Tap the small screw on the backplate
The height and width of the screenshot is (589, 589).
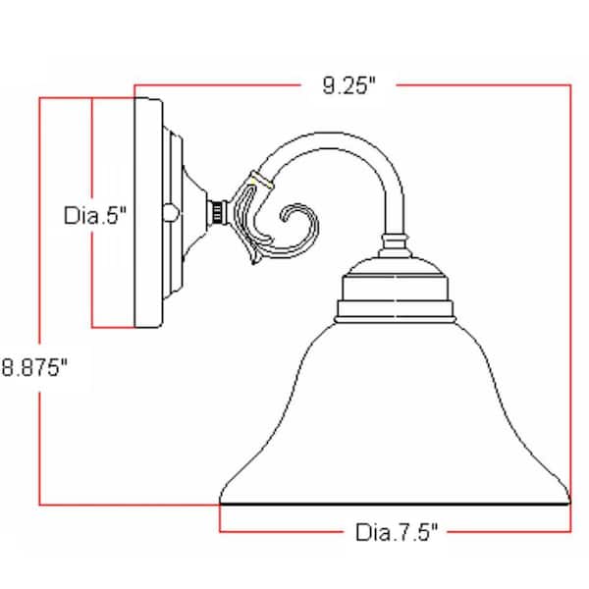tap(175, 210)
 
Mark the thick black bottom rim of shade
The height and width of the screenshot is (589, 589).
tap(393, 503)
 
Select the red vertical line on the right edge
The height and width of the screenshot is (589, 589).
tap(569, 294)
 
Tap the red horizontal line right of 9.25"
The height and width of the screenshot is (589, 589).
tap(481, 85)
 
